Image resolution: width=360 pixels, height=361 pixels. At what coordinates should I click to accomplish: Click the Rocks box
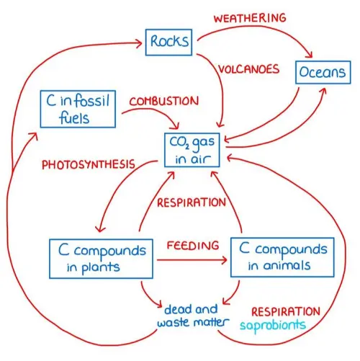click(x=170, y=42)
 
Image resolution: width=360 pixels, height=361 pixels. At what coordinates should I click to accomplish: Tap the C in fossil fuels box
click(x=76, y=109)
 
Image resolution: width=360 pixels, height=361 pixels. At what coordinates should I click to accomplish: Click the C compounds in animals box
click(x=282, y=257)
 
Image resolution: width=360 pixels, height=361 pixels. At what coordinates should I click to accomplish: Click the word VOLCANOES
click(x=250, y=70)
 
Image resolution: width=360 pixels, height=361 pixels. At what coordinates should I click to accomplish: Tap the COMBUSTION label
click(x=163, y=101)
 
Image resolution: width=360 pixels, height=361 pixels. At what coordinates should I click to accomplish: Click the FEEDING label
click(x=192, y=245)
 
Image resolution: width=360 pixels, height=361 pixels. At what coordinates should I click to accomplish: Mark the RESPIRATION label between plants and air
click(x=191, y=202)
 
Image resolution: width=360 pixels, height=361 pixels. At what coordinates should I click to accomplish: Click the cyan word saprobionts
click(x=279, y=326)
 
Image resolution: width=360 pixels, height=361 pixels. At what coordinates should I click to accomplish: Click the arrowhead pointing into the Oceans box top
click(x=311, y=57)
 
